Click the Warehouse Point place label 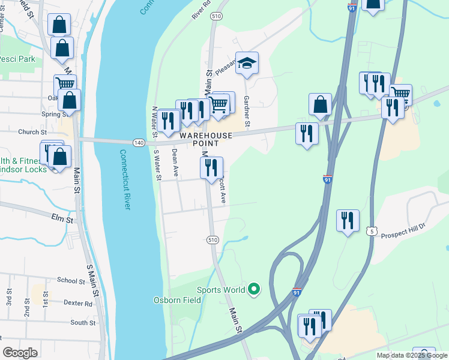point(205,139)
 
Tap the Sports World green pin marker point(254,290)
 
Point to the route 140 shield point(139,142)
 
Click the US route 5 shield point(372,231)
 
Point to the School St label point(71,280)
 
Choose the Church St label point(32,132)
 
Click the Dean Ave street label point(175,163)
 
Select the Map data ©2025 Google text point(412,355)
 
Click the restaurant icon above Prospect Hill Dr point(348,220)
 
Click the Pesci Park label point(18,59)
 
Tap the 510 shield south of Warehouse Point point(213,239)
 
